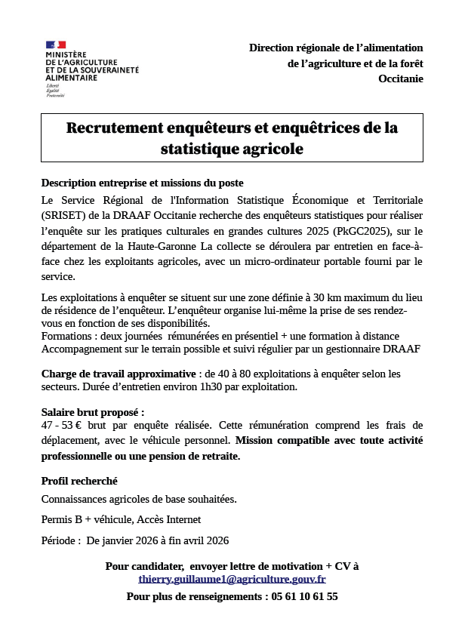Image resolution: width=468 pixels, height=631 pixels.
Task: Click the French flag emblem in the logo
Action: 56,47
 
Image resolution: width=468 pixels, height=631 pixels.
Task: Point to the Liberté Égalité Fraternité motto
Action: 54,91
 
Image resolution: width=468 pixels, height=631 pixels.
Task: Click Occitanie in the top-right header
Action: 401,78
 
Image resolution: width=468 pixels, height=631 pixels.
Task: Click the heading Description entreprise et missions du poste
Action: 142,183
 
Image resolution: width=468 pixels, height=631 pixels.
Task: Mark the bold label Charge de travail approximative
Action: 119,374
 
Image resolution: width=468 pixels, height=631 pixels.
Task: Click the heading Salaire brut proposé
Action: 92,412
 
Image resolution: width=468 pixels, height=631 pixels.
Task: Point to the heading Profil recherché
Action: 79,481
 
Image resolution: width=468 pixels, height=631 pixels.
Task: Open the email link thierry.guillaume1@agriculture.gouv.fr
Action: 232,579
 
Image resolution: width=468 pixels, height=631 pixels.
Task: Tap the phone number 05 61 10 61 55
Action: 303,596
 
